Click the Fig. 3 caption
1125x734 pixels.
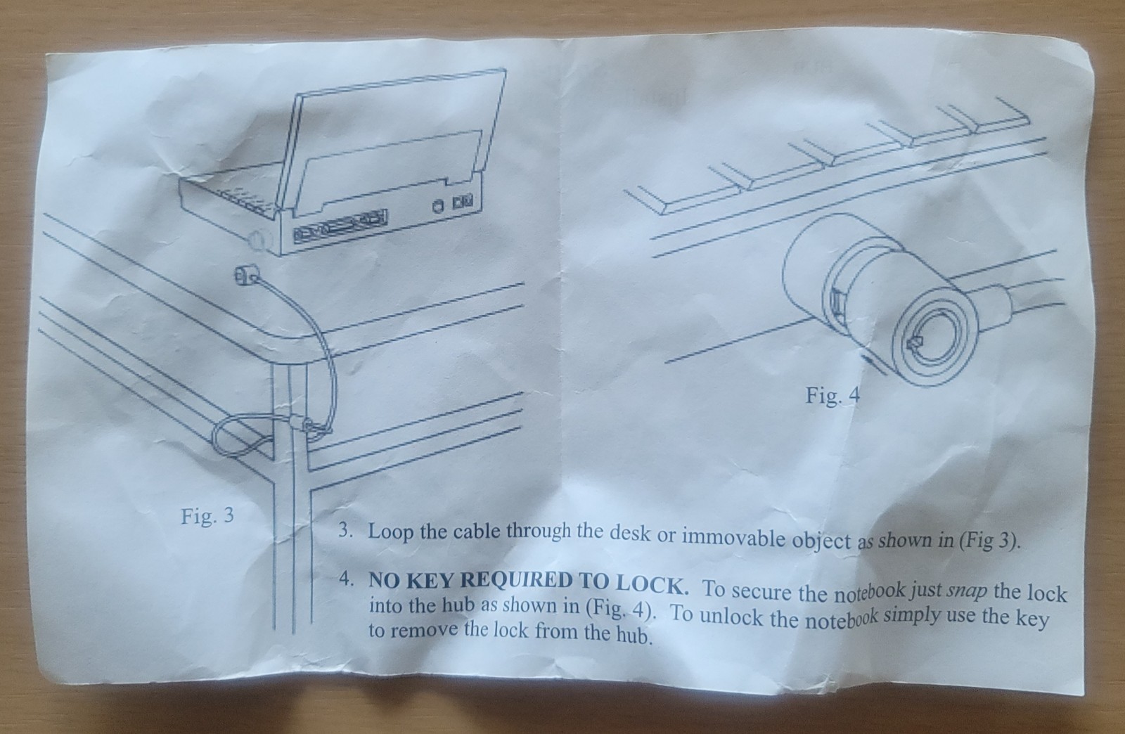point(207,515)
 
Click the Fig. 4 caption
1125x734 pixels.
point(832,396)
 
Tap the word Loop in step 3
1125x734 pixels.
point(392,532)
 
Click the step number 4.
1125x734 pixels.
point(345,579)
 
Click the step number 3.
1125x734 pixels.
point(345,530)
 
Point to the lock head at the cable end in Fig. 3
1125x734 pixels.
point(245,276)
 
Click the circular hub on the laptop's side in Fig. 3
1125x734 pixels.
point(257,240)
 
